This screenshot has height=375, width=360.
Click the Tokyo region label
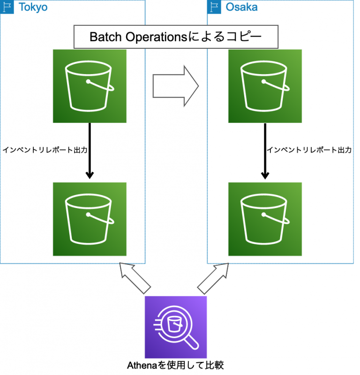32,7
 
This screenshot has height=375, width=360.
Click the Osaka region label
241,7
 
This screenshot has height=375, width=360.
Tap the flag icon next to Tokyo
7,7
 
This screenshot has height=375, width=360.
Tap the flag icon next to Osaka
215,7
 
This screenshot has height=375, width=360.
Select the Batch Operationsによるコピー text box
176,37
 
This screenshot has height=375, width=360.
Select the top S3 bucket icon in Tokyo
90,86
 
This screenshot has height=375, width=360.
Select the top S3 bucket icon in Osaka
265,86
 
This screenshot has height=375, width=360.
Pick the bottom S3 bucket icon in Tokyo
90,219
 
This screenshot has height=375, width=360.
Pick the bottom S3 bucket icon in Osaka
265,219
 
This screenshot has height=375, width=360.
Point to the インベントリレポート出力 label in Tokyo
45,150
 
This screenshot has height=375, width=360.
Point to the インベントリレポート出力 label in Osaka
309,150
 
